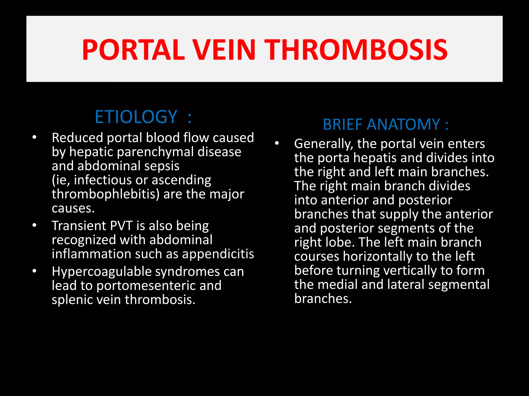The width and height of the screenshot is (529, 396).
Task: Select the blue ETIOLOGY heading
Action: (136, 117)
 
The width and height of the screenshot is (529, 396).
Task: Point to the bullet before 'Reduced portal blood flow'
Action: (34, 137)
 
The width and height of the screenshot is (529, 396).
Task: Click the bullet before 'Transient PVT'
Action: (34, 226)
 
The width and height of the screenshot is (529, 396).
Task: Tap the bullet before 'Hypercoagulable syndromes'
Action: (34, 271)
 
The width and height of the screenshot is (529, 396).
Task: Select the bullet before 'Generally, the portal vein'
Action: (277, 143)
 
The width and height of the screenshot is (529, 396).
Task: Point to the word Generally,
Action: (324, 144)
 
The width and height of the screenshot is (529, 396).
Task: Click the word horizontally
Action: (378, 257)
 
